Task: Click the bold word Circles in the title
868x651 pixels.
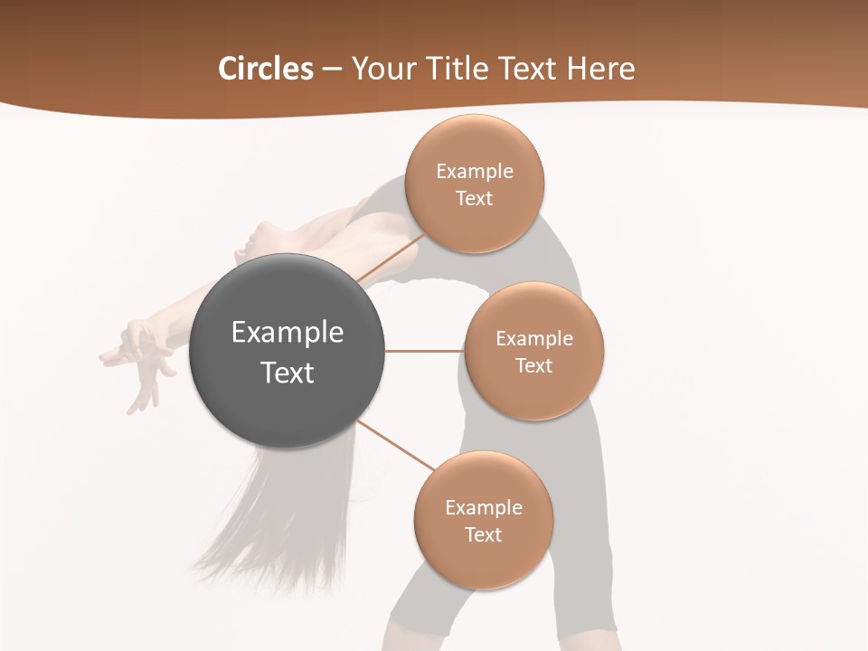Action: (x=265, y=69)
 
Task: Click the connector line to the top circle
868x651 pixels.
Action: (x=391, y=258)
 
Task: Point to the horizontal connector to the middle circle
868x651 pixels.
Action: (x=424, y=351)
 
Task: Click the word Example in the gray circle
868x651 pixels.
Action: (x=287, y=332)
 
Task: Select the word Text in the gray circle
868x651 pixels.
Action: (x=287, y=373)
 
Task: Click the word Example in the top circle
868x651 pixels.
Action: (x=475, y=171)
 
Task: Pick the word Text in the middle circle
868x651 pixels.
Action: (x=534, y=365)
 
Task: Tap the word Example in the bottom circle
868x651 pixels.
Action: (x=484, y=507)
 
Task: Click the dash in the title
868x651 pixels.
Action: (x=332, y=70)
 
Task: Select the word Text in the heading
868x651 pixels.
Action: (x=528, y=69)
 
